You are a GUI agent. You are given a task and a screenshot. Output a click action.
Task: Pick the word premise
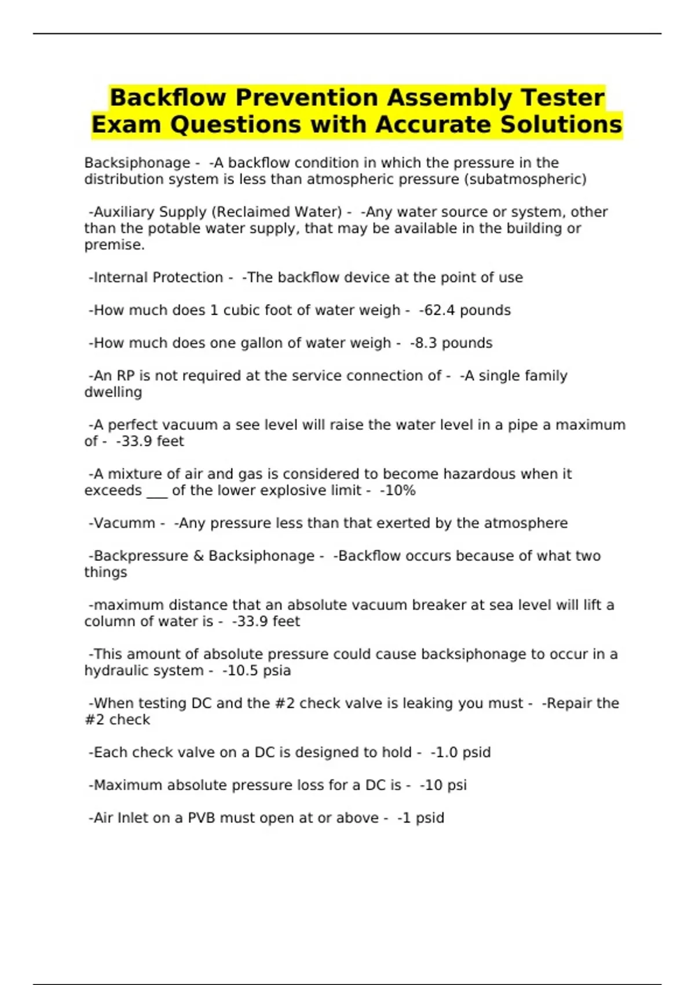pos(114,245)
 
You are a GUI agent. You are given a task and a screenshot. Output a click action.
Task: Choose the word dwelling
pos(113,392)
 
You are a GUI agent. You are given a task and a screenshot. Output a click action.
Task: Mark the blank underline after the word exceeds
pos(157,491)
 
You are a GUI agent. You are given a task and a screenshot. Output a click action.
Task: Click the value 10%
pos(400,491)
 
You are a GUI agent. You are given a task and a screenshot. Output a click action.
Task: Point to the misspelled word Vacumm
pos(124,523)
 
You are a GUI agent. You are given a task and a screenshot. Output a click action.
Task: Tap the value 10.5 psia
pos(259,670)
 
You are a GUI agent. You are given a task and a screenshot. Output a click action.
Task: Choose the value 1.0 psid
pos(463,753)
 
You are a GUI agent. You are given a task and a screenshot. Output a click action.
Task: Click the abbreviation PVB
pos(201,818)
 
